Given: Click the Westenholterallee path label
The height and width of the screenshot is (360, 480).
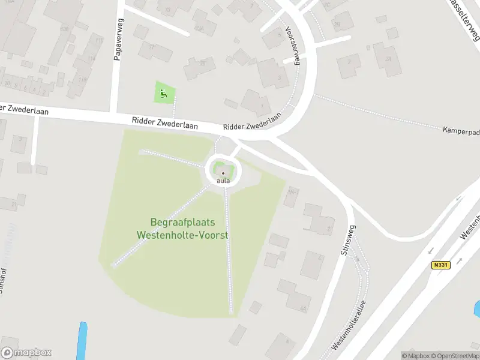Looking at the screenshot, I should click(349, 326).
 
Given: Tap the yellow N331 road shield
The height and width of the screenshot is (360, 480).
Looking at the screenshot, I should click(440, 265).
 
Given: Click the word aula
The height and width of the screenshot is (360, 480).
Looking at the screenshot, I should click(223, 181).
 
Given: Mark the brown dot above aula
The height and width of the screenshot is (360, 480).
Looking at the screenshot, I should click(223, 173).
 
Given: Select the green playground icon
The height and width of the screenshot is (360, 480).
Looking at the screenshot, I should click(164, 93).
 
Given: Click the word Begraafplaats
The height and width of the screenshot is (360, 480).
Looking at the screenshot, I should click(182, 223).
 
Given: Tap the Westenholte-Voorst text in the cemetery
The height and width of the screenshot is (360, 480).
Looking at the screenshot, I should click(182, 235).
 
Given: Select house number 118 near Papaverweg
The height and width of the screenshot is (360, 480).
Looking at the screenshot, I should click(82, 79).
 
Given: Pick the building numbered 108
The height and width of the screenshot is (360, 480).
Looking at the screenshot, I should click(64, 28).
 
